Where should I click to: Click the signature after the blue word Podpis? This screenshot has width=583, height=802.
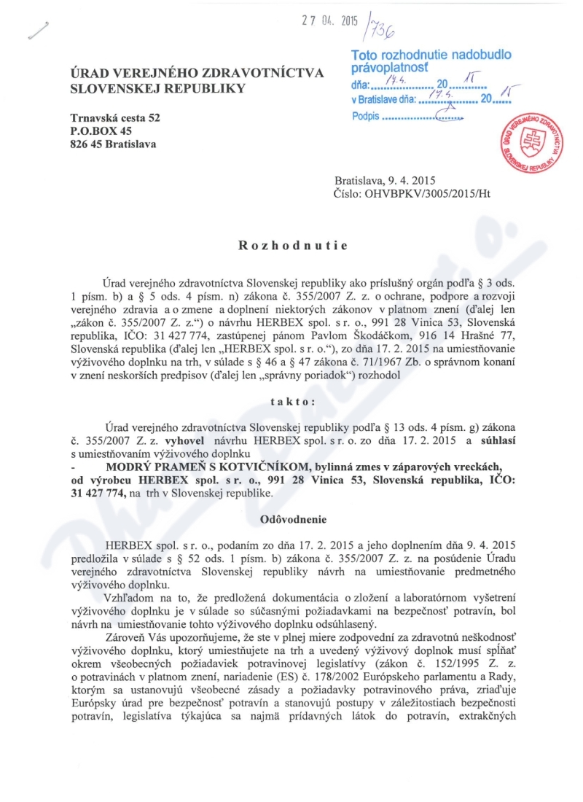(x=446, y=117)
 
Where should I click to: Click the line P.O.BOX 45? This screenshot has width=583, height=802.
(x=101, y=131)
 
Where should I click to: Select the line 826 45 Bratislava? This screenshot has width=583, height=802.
(x=112, y=144)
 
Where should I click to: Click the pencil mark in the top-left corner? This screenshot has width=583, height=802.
(x=35, y=29)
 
